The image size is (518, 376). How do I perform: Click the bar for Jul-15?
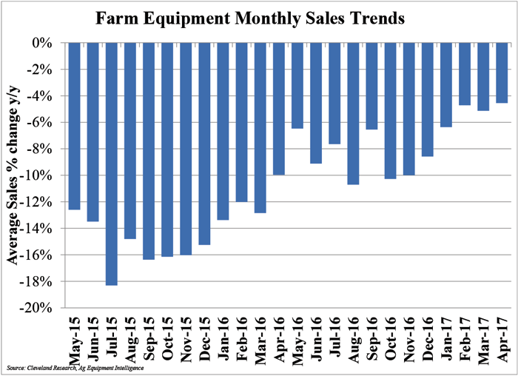[x=111, y=164]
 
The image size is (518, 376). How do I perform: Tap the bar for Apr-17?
[x=501, y=73]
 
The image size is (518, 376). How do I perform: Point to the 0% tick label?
[x=44, y=43]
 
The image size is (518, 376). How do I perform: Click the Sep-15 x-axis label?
[x=149, y=337]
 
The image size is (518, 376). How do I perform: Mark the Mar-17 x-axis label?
[x=482, y=337]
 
